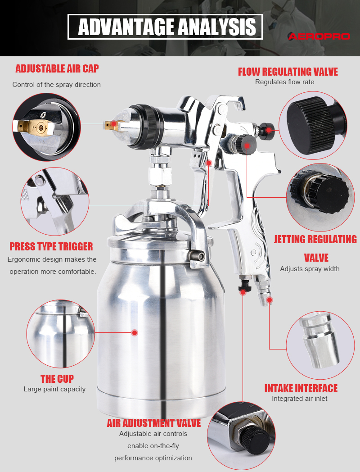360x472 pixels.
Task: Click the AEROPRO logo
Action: coord(319,36)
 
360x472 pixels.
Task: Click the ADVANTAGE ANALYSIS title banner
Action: coord(165,27)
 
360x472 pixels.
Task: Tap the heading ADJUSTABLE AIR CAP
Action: coord(57,68)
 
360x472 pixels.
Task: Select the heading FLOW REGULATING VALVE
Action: coord(288,72)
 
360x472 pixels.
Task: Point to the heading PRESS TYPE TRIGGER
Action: coord(51,246)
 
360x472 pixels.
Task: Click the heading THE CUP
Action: coord(57,379)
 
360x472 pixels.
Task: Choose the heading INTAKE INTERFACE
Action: coord(301,388)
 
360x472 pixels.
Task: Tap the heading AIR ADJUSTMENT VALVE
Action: coord(154,423)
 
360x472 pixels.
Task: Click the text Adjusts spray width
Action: coord(310,269)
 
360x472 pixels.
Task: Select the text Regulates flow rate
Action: coord(284,82)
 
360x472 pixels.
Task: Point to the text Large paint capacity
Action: coord(54,389)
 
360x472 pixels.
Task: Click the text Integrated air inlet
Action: coord(300,399)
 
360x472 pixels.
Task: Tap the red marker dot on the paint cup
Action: coord(135,333)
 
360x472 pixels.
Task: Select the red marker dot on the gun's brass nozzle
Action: coord(114,123)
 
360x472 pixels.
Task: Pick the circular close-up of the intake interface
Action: coord(320,345)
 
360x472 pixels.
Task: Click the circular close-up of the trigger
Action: coord(55,201)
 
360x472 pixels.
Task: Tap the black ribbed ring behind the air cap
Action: coord(147,127)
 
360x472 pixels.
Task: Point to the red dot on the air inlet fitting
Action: coord(270,300)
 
